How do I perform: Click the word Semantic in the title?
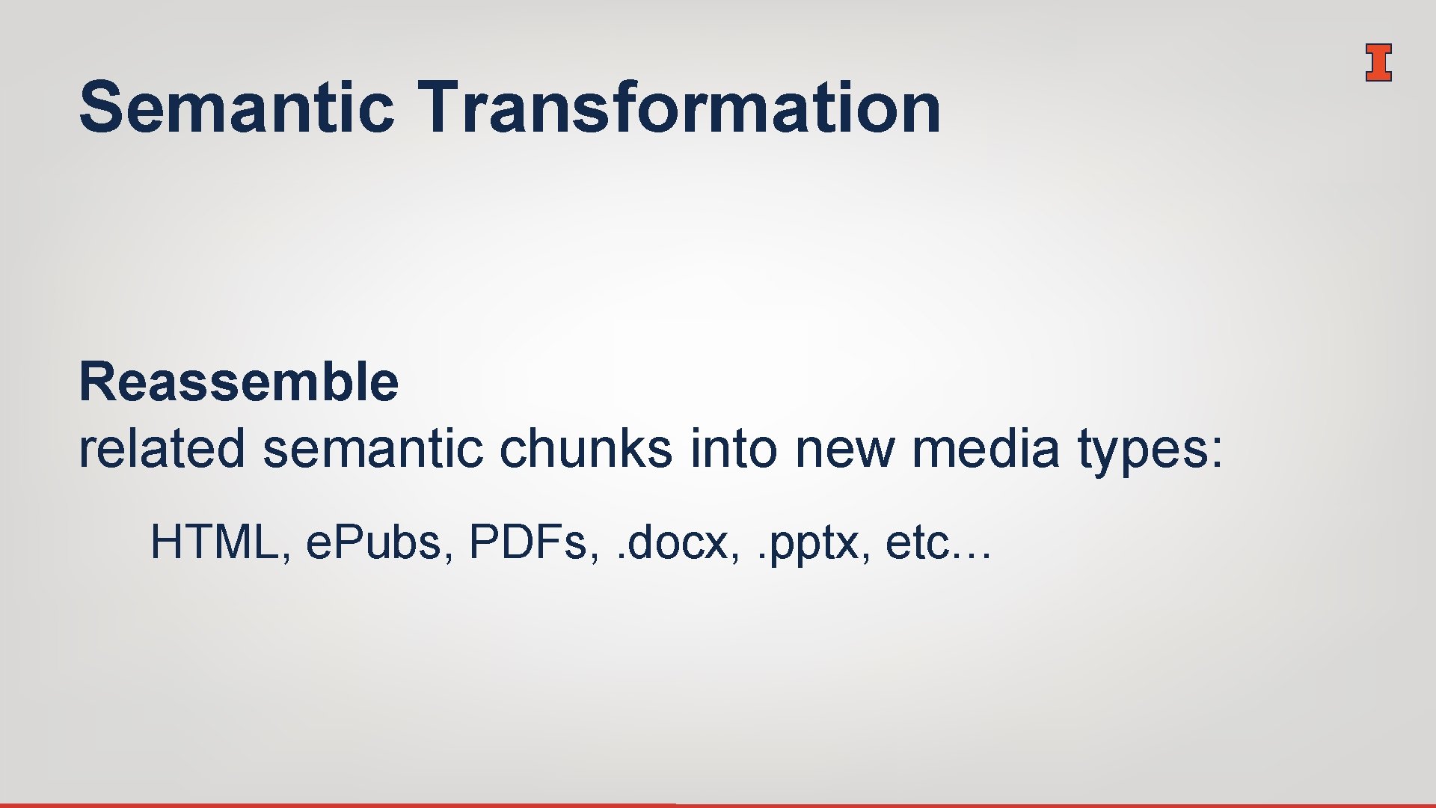(x=236, y=108)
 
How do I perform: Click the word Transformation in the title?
(x=679, y=108)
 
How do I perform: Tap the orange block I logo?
(x=1378, y=62)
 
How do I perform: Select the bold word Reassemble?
(x=239, y=382)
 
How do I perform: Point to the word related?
(x=162, y=449)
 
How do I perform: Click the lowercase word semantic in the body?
(x=372, y=449)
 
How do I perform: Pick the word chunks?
(x=585, y=449)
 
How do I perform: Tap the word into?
(x=733, y=449)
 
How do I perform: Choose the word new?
(x=844, y=449)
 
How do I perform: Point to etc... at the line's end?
(x=938, y=542)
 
